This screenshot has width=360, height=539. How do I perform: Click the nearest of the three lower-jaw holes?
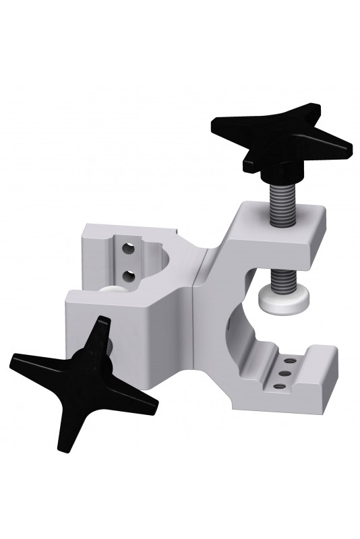coord(278,385)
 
